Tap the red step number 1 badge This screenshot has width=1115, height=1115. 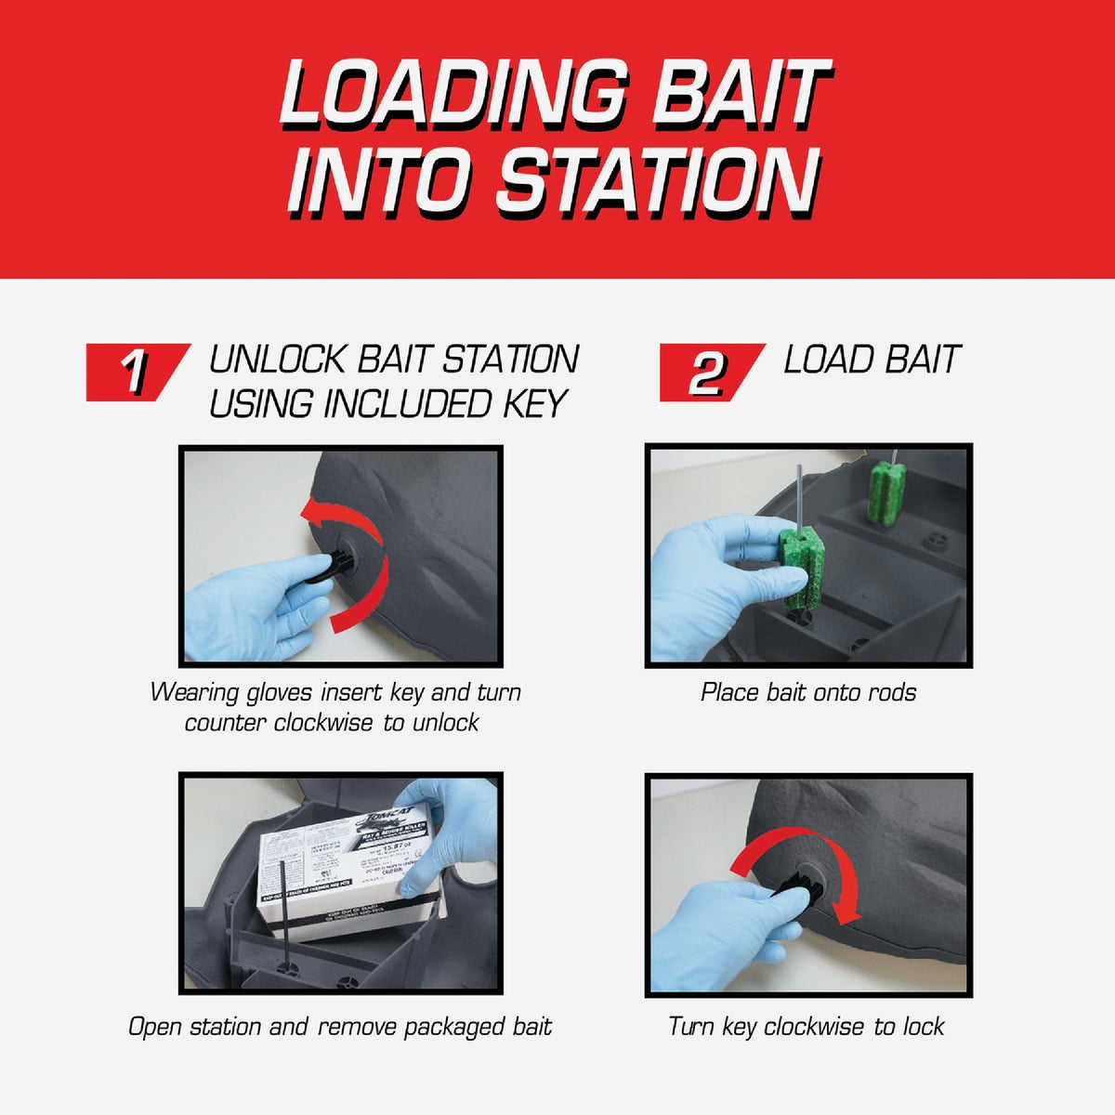(x=136, y=372)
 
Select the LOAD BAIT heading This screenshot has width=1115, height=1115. (x=871, y=360)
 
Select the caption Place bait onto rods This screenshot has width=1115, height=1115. (x=807, y=692)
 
